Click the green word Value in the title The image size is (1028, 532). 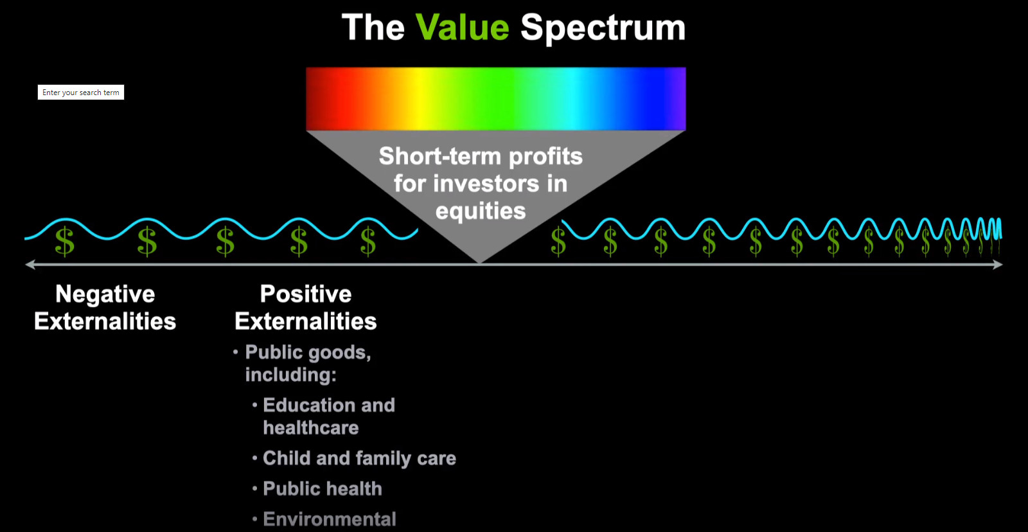click(462, 28)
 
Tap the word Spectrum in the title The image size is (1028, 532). click(603, 28)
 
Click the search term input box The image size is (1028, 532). click(81, 93)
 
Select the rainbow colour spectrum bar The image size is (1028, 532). click(495, 99)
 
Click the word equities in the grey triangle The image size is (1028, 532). click(481, 211)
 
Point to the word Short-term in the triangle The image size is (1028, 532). click(441, 156)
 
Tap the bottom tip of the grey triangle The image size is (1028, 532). click(479, 263)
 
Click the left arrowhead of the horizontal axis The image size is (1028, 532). click(30, 264)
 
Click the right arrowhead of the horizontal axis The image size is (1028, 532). click(998, 264)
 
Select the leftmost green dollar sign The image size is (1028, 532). click(65, 241)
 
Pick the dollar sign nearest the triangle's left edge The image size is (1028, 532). click(368, 241)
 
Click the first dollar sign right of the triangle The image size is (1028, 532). click(558, 241)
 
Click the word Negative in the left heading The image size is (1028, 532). click(105, 294)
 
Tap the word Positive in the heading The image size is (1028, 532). click(306, 294)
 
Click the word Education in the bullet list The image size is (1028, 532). click(308, 405)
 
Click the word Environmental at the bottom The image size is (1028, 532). click(330, 519)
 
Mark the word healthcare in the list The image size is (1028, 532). click(311, 428)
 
